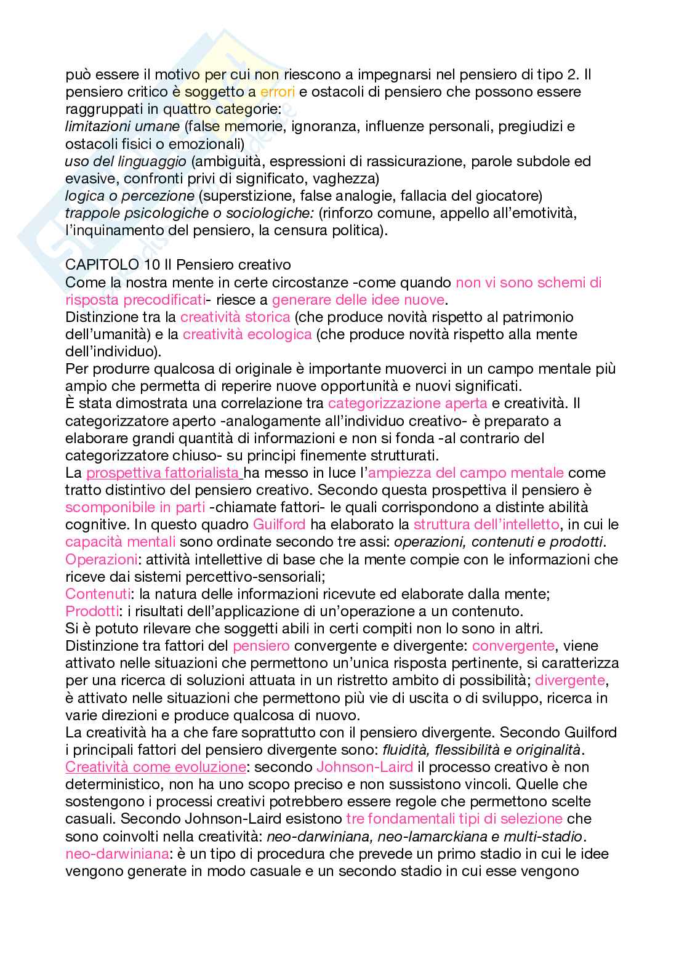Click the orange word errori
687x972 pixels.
click(278, 92)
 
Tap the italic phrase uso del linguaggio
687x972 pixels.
click(126, 161)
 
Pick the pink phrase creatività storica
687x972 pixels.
click(235, 317)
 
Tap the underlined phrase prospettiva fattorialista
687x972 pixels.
click(163, 473)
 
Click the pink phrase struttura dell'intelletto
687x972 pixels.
click(486, 525)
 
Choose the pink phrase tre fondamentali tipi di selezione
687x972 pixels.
click(454, 819)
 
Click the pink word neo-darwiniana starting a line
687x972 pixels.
click(118, 854)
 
